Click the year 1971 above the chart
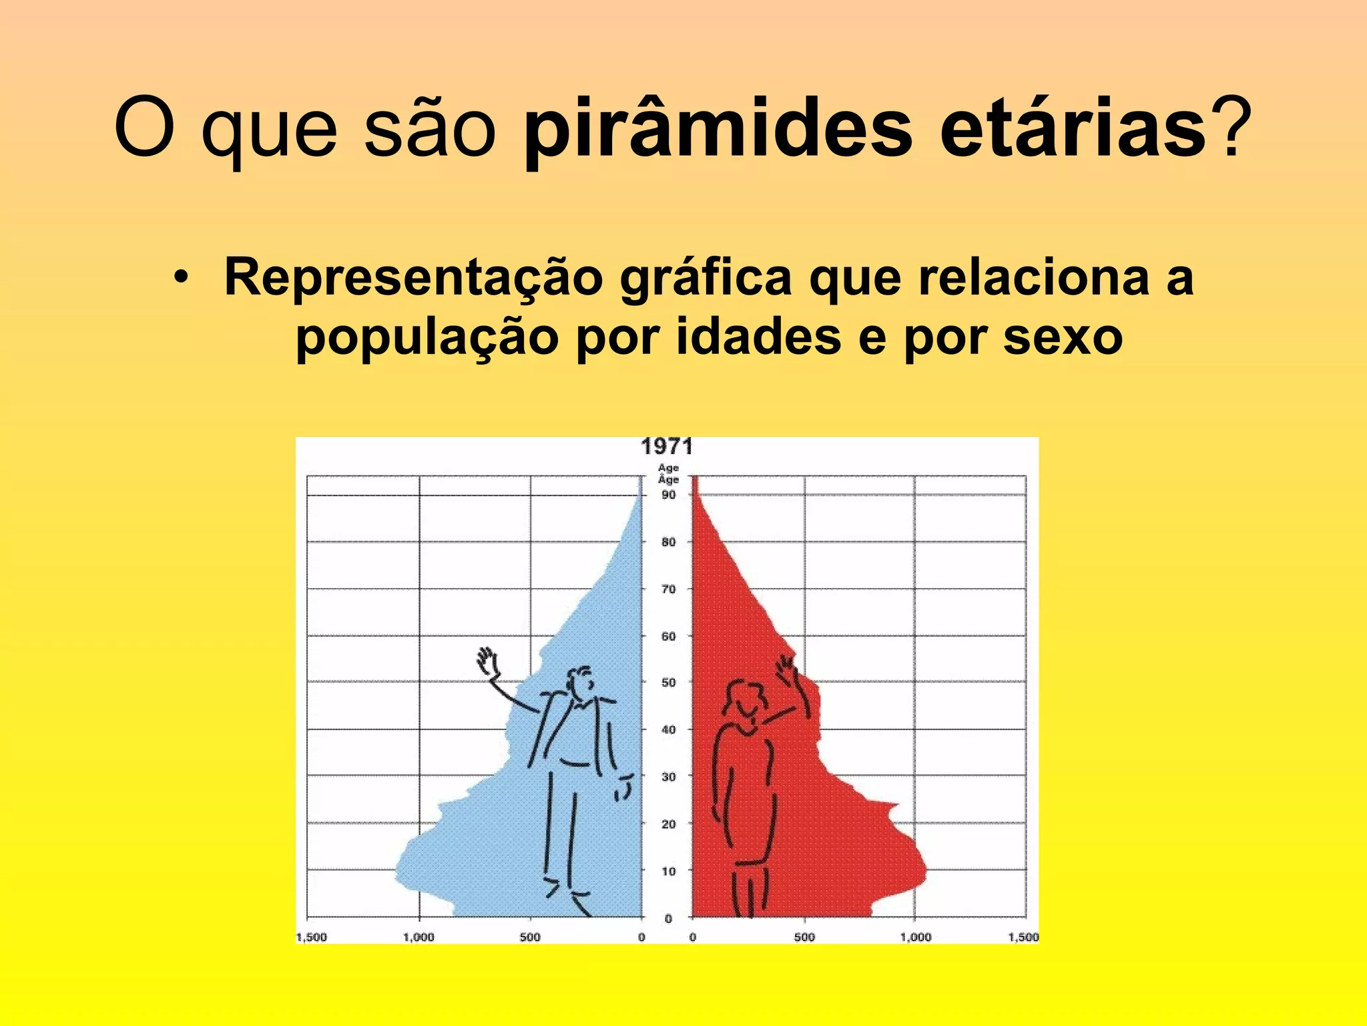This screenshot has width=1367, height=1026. tap(667, 446)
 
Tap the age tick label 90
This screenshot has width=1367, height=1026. tap(668, 495)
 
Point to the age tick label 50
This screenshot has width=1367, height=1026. tap(668, 683)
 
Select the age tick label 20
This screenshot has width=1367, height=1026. tap(668, 824)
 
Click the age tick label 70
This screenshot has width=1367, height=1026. tap(668, 589)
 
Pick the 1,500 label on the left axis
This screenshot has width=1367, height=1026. tap(311, 937)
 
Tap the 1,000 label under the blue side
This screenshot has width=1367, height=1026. tap(419, 937)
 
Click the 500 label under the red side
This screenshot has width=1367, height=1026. tap(804, 937)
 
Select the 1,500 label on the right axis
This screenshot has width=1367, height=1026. tap(1023, 937)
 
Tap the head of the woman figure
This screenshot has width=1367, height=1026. tap(744, 699)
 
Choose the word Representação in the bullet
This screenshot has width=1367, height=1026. tap(413, 277)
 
